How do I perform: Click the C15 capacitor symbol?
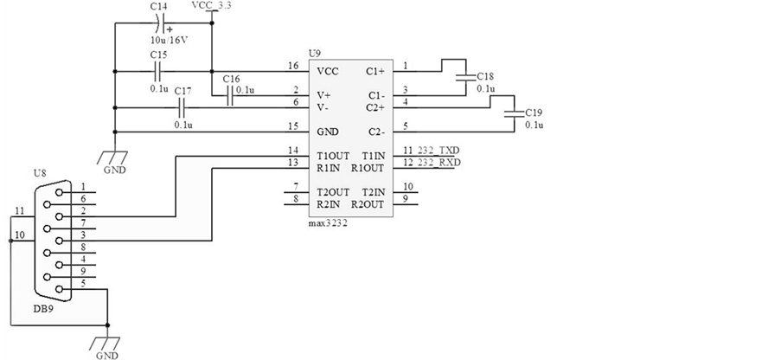pyautogui.click(x=158, y=71)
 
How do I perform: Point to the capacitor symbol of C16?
pyautogui.click(x=231, y=96)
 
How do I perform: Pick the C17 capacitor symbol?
pyautogui.click(x=182, y=107)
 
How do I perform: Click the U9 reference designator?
pyautogui.click(x=314, y=54)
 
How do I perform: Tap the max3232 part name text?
pyautogui.click(x=328, y=222)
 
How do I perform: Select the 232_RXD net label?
pyautogui.click(x=438, y=164)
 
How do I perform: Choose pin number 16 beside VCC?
pyautogui.click(x=293, y=66)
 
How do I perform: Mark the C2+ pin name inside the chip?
pyautogui.click(x=375, y=107)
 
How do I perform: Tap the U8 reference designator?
pyautogui.click(x=40, y=174)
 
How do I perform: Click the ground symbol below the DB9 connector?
pyautogui.click(x=108, y=338)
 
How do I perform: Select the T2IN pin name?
pyautogui.click(x=374, y=191)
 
